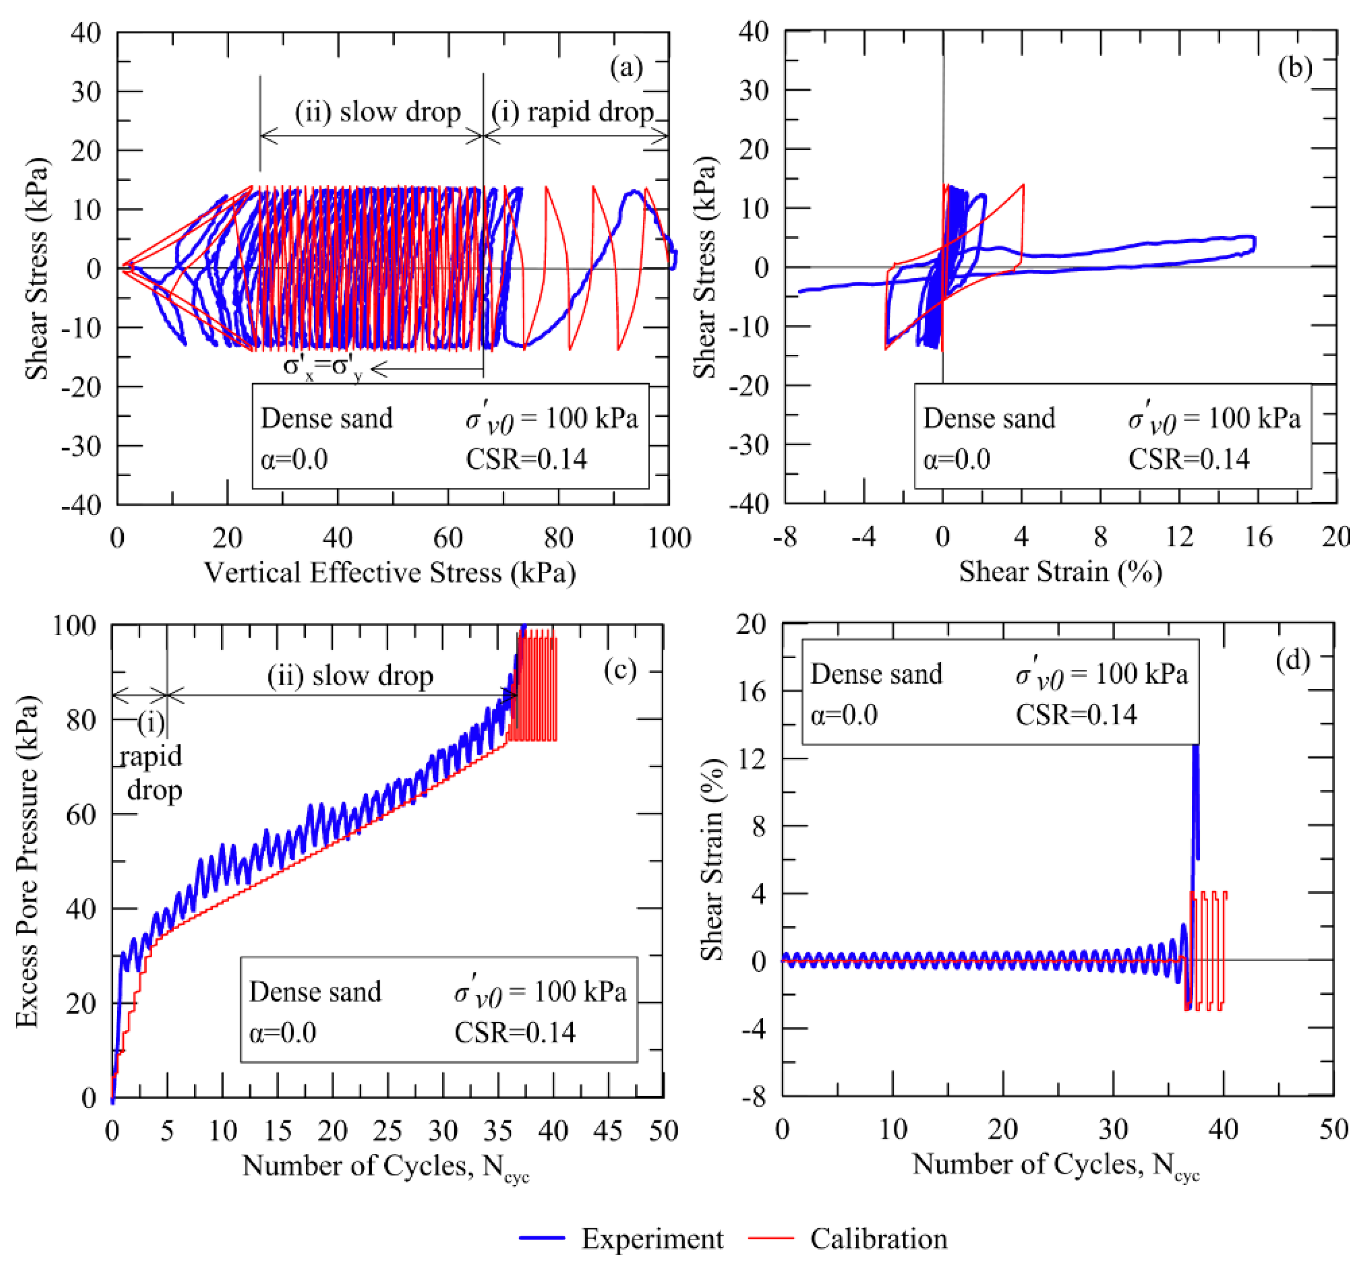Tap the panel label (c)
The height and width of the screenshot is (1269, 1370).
click(x=620, y=668)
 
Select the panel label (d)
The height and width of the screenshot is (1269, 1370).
click(x=1292, y=659)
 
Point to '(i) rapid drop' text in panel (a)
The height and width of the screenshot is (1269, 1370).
click(x=571, y=112)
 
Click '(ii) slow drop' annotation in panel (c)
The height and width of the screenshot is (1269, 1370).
click(x=350, y=676)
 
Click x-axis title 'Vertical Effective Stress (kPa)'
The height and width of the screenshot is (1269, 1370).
click(x=389, y=572)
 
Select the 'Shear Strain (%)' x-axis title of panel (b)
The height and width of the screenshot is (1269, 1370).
click(x=1060, y=570)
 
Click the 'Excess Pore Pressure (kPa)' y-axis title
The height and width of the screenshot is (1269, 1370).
click(x=27, y=862)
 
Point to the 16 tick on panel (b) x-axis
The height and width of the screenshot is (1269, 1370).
click(x=1258, y=536)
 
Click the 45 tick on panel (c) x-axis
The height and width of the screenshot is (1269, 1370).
click(x=608, y=1130)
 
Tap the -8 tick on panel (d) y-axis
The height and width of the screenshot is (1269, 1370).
click(x=753, y=1097)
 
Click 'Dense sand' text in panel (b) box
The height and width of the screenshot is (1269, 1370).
click(x=988, y=418)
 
